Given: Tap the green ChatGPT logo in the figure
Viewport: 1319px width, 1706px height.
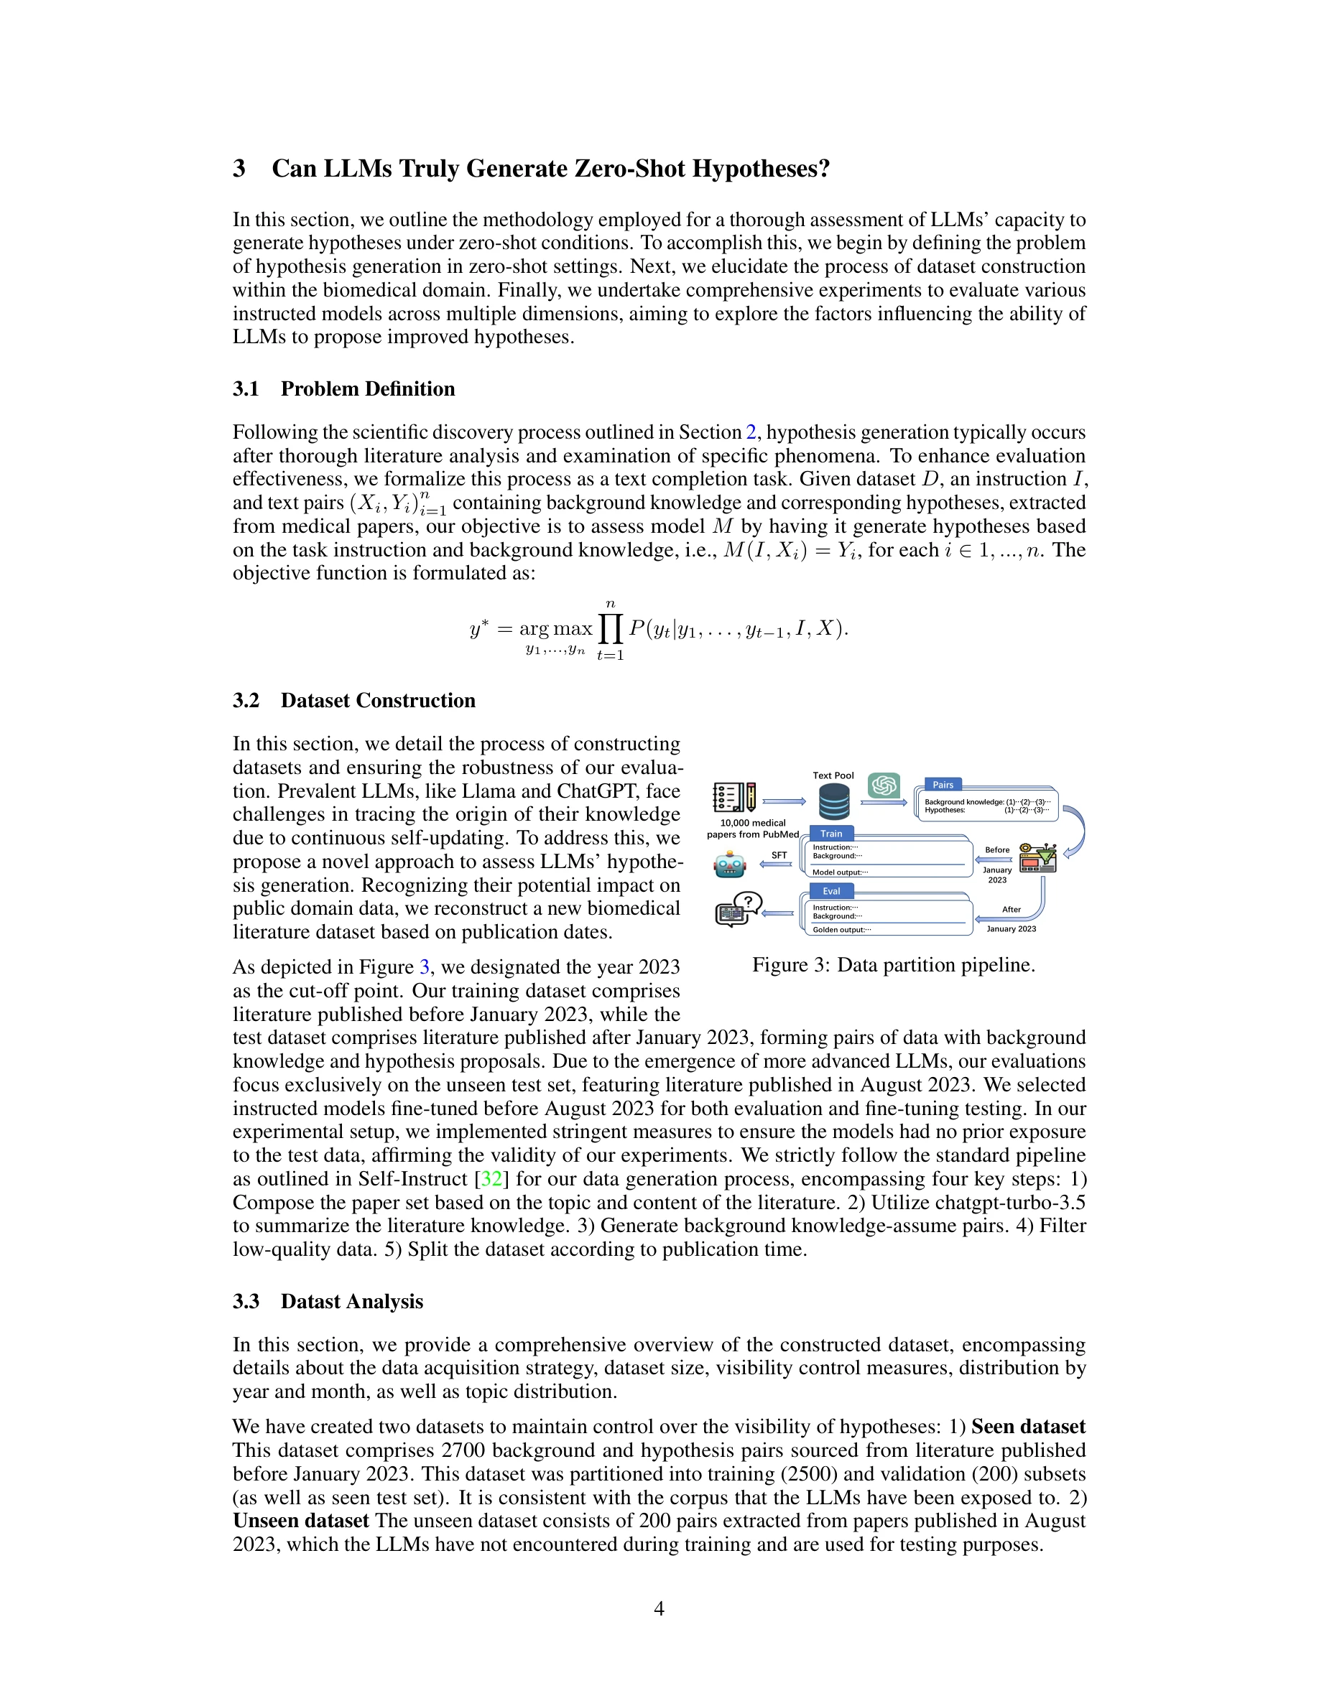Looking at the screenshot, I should [884, 785].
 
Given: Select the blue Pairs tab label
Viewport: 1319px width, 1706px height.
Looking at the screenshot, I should [943, 784].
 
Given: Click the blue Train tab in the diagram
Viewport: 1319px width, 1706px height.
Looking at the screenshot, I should [831, 834].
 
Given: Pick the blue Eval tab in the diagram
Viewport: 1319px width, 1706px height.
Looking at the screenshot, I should [831, 891].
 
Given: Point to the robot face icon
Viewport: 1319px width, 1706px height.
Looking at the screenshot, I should [731, 865].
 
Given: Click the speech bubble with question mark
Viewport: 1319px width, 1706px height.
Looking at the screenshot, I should [748, 903].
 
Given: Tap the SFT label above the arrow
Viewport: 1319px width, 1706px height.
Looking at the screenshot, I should [779, 855].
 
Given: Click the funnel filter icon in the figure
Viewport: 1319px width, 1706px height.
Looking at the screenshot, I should [1040, 859].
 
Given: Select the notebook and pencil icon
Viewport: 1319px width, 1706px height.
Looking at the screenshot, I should [734, 798].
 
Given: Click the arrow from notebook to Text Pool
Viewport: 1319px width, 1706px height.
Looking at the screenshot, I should [784, 801].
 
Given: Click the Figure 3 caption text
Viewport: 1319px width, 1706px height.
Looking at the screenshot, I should [893, 965].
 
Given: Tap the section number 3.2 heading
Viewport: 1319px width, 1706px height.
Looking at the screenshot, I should [246, 700].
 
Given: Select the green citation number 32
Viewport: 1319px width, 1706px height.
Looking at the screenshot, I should [491, 1178].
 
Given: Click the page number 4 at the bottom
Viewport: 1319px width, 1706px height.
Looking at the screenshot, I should [659, 1608].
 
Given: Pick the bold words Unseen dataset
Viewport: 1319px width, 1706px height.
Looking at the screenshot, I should [301, 1520].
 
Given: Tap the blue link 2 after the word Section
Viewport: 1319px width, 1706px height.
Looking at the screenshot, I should [751, 432].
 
